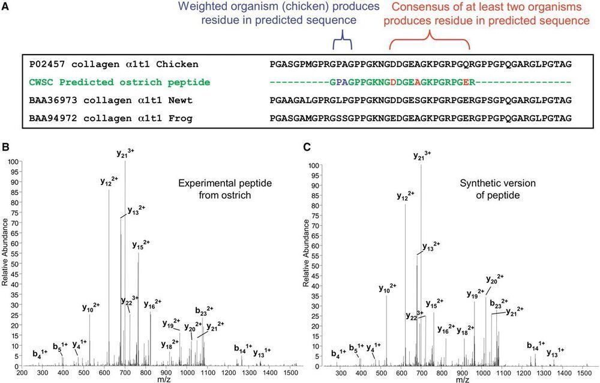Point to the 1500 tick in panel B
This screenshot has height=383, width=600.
[x=290, y=373]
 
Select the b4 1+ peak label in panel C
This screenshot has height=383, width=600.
[x=339, y=353]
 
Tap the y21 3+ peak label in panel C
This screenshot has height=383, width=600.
[x=422, y=156]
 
